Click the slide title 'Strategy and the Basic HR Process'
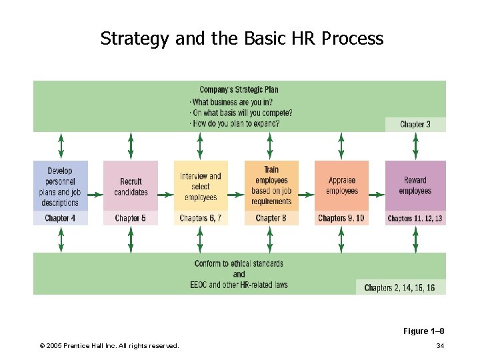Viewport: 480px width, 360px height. click(x=242, y=39)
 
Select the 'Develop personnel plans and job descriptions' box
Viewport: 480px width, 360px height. click(x=60, y=187)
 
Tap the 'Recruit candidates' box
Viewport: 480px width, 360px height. click(x=131, y=187)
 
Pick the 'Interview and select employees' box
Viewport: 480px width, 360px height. click(x=201, y=187)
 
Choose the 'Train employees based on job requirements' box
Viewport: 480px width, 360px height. click(x=271, y=186)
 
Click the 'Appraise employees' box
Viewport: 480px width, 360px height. click(x=341, y=186)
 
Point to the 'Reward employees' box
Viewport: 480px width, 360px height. click(x=415, y=186)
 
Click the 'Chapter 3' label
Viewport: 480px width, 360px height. click(x=415, y=125)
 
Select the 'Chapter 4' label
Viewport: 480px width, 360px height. click(x=60, y=218)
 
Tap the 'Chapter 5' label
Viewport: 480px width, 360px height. click(x=131, y=218)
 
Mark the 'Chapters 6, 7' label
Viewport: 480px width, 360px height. click(x=201, y=218)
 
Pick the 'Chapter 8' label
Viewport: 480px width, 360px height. click(x=271, y=218)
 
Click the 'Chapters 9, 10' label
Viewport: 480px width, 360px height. click(x=341, y=218)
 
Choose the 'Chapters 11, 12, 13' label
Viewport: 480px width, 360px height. click(x=415, y=219)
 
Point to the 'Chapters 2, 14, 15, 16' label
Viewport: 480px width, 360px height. click(x=400, y=287)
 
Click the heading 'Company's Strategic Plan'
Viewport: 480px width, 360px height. click(x=239, y=90)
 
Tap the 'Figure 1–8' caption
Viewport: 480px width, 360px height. click(x=423, y=331)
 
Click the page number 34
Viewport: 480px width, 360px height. click(x=440, y=345)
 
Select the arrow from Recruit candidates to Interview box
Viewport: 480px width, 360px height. click(x=166, y=195)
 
